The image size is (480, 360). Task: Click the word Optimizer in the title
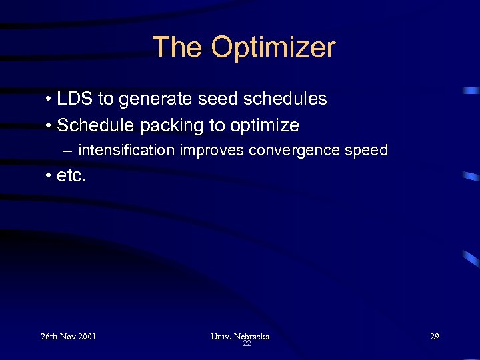point(273,48)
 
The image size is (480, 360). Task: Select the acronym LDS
point(75,99)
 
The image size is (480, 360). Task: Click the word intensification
point(127,150)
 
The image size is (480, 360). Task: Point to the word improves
point(212,151)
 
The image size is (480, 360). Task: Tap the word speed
point(366,151)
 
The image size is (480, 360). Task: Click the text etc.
point(71,177)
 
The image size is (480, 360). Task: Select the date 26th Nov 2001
point(68,336)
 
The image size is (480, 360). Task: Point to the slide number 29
point(434,336)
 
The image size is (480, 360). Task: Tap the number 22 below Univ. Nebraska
point(246,343)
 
